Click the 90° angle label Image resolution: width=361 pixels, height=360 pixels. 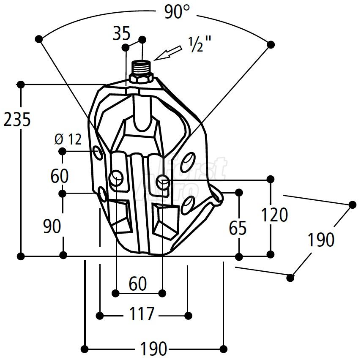(x=177, y=12)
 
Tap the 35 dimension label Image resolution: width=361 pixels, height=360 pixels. (x=122, y=33)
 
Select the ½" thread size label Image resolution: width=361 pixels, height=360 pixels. (x=200, y=44)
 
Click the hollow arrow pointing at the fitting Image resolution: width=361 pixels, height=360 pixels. (x=168, y=53)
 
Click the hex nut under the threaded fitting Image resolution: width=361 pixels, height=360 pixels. (x=141, y=78)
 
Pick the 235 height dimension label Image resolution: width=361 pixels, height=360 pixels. (x=17, y=120)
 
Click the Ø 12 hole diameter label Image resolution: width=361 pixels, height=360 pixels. (x=68, y=139)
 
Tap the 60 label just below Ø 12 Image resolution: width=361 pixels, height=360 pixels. (x=60, y=176)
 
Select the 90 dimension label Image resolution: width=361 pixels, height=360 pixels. (x=52, y=226)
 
